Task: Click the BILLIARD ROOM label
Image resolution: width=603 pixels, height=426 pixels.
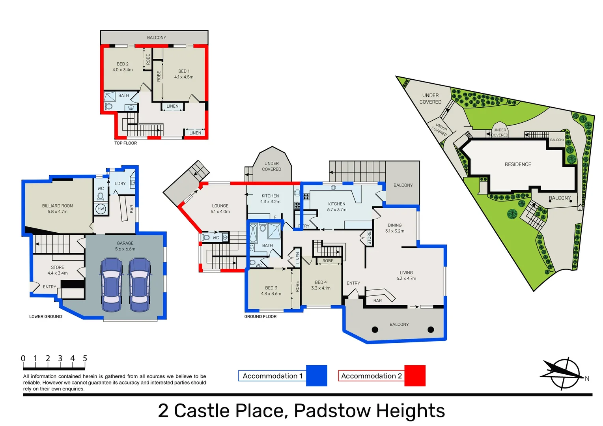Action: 58,206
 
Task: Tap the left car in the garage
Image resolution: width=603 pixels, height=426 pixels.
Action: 111,284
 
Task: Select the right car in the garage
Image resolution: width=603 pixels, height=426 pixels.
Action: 140,284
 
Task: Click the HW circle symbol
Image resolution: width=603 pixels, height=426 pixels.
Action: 101,209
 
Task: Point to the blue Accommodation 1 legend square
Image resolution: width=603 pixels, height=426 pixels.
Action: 317,376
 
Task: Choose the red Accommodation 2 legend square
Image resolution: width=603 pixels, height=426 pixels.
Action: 415,376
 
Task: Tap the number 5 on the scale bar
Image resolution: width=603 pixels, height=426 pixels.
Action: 85,359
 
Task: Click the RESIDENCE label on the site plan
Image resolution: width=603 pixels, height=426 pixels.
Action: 518,164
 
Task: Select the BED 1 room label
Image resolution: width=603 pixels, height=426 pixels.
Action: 184,71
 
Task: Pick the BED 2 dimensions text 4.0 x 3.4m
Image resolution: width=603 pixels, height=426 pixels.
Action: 123,70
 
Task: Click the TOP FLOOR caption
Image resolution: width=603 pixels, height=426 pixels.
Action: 125,143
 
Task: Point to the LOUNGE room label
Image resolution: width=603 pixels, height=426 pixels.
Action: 220,206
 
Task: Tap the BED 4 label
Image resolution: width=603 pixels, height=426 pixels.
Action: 321,282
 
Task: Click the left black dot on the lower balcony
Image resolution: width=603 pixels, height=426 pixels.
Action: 375,330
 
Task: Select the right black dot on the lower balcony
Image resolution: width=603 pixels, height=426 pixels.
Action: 431,330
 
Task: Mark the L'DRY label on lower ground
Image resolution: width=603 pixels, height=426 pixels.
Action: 120,183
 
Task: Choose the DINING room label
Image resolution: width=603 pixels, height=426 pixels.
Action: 394,225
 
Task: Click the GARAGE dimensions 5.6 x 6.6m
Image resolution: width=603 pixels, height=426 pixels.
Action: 125,249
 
